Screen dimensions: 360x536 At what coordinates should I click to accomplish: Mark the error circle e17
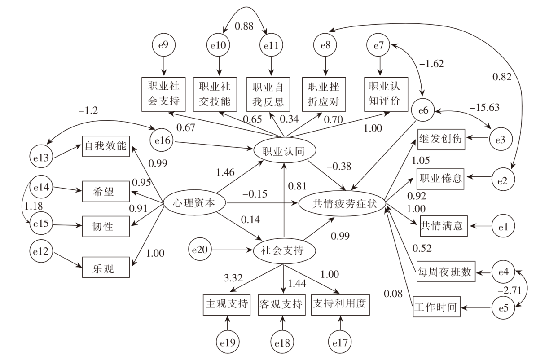[x=340, y=343]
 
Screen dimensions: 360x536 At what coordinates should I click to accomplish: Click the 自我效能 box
[x=106, y=146]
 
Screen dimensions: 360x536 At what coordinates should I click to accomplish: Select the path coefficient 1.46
[x=225, y=171]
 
